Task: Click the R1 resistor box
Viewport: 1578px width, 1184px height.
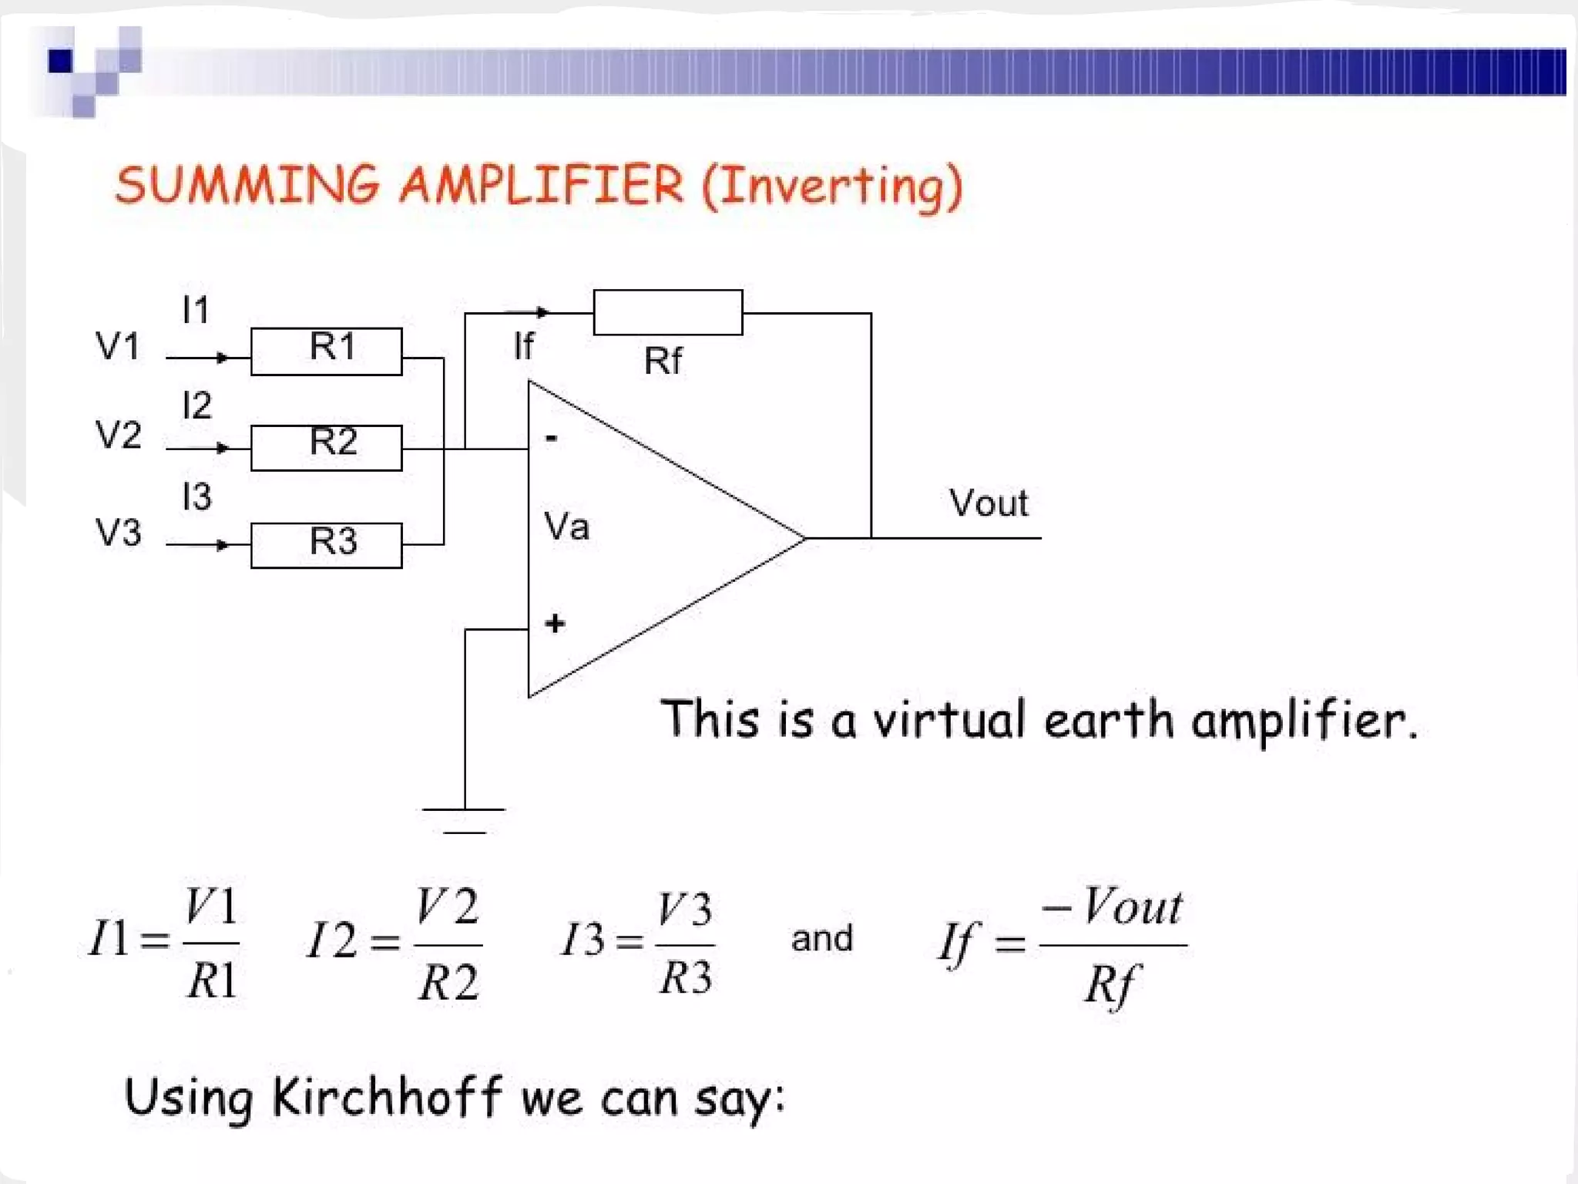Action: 326,351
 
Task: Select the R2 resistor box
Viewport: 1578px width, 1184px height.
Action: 326,447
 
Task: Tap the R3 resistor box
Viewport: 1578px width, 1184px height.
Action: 326,545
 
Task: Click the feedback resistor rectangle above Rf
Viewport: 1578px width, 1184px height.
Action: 667,312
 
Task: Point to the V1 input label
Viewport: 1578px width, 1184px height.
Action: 118,346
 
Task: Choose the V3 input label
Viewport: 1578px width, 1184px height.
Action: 118,533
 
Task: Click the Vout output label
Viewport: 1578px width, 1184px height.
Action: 989,503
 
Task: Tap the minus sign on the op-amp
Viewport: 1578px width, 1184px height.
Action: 552,439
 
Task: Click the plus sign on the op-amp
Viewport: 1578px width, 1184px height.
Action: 555,623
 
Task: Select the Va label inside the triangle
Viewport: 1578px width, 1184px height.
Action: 566,526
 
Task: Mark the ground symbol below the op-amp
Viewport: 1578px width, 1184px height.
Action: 464,819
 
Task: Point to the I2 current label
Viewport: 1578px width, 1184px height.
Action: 196,405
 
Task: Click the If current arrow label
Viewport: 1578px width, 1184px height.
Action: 524,346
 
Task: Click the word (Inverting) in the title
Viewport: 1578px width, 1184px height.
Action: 832,187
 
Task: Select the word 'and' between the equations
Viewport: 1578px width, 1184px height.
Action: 822,939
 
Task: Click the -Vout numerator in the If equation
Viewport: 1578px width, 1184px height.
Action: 1112,906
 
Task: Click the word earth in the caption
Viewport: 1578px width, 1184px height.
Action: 1108,720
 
